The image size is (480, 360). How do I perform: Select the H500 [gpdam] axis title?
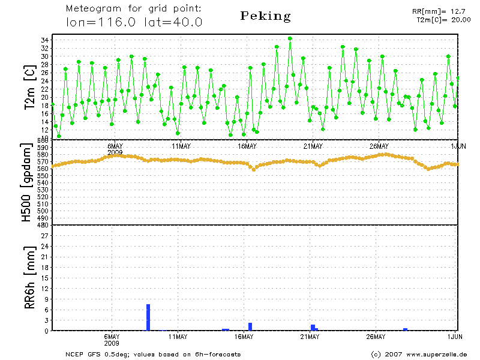click(27, 182)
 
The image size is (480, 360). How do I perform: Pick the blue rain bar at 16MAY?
click(250, 326)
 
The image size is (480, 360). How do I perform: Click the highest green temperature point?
click(290, 38)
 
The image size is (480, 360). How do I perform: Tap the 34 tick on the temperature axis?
click(44, 40)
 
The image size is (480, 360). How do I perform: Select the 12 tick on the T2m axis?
click(44, 130)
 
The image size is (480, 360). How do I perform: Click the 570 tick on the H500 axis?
click(43, 161)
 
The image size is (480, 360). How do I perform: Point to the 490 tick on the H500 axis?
click(43, 218)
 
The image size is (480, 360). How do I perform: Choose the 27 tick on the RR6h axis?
click(44, 236)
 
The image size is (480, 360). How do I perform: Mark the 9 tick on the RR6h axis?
click(46, 299)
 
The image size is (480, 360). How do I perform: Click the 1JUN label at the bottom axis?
click(455, 337)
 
